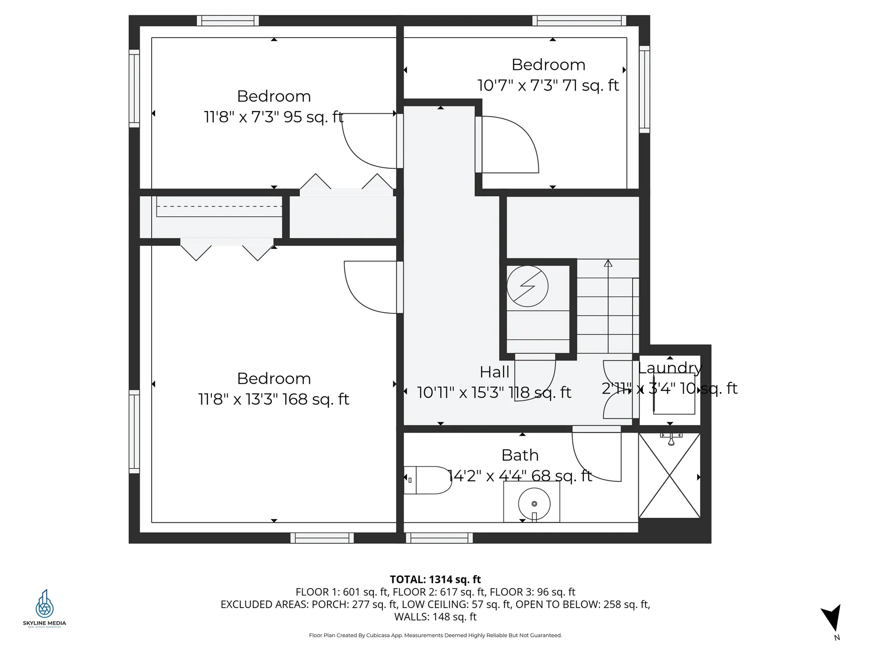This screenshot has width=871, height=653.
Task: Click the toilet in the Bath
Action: pyautogui.click(x=428, y=480)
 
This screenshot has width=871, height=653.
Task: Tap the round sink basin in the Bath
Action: pyautogui.click(x=534, y=504)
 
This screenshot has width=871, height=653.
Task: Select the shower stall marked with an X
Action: pyautogui.click(x=670, y=475)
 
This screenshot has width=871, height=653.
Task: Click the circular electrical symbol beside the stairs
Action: pyautogui.click(x=527, y=286)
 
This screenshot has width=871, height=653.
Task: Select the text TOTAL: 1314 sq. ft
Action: pyautogui.click(x=435, y=579)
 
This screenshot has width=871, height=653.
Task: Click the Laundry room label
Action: pyautogui.click(x=670, y=368)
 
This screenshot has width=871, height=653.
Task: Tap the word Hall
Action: pyautogui.click(x=494, y=372)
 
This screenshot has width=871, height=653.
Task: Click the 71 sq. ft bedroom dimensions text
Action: pyautogui.click(x=548, y=85)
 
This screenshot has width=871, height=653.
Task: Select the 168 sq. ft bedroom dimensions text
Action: pyautogui.click(x=274, y=400)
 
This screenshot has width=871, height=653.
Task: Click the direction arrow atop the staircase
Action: pyautogui.click(x=608, y=263)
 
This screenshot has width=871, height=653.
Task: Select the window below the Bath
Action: pyautogui.click(x=439, y=538)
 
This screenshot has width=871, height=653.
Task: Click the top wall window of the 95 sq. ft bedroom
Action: pyautogui.click(x=228, y=20)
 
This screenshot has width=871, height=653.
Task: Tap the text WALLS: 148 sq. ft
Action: pyautogui.click(x=435, y=617)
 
